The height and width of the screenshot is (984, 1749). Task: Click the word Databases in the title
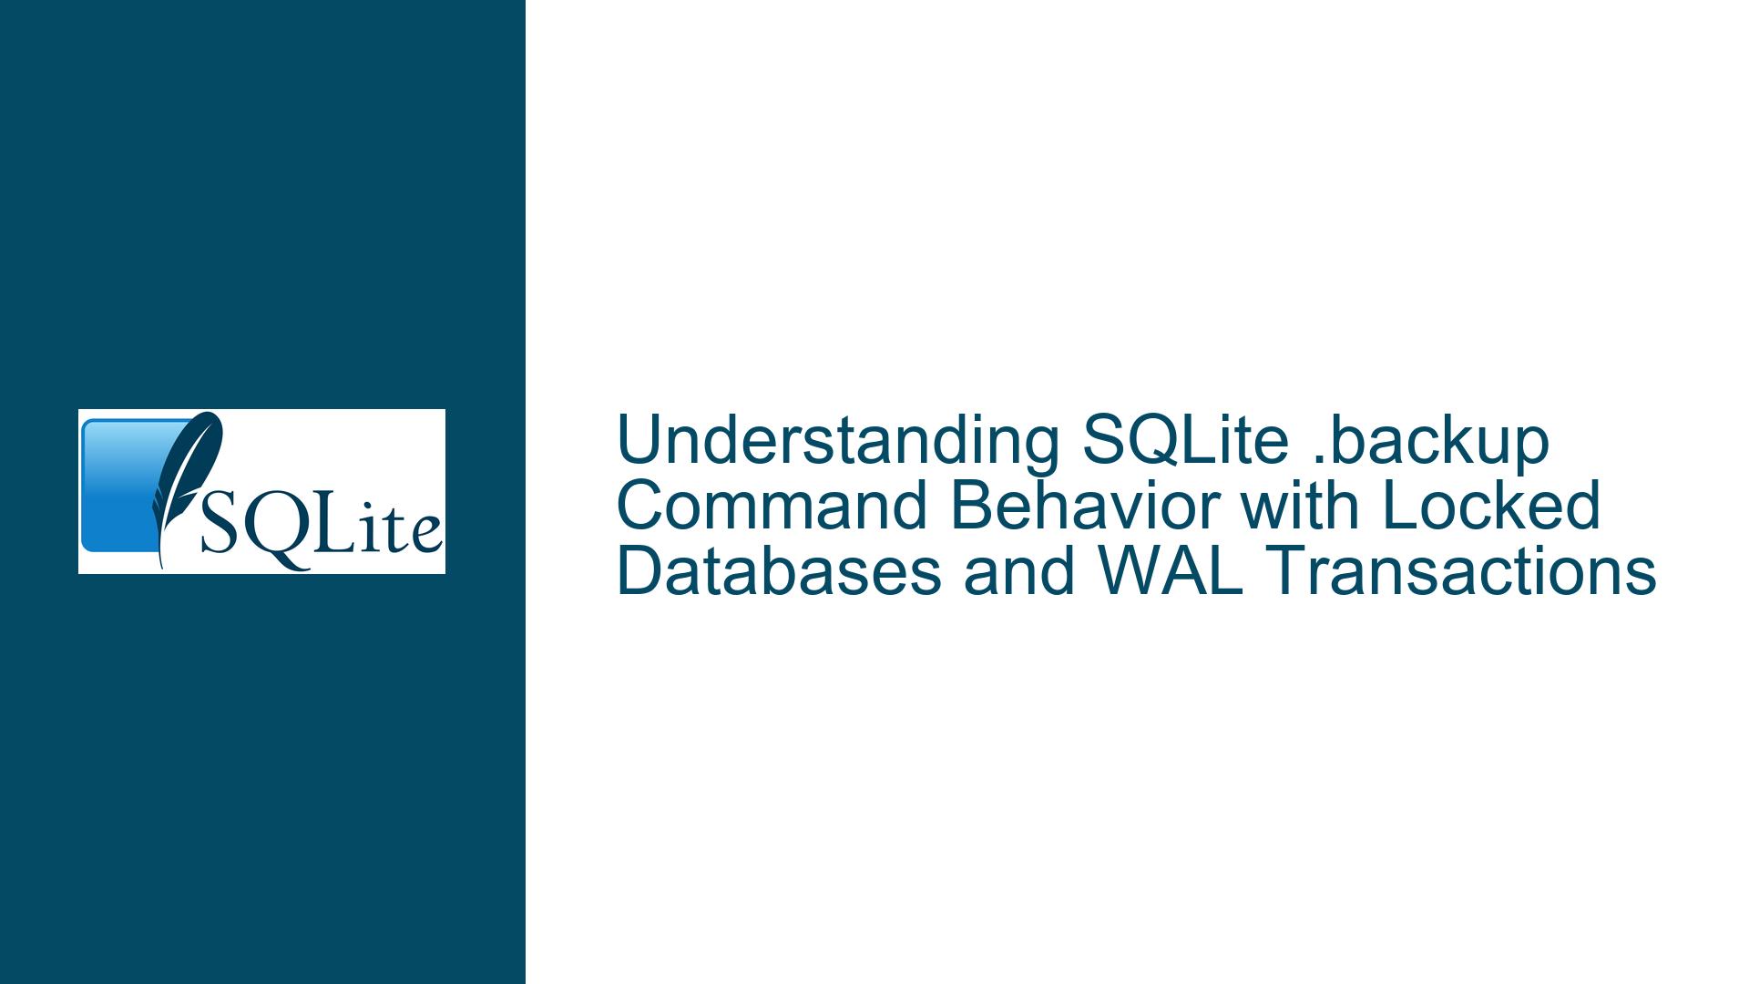coord(779,571)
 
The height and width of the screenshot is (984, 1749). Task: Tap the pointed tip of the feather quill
coord(162,568)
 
